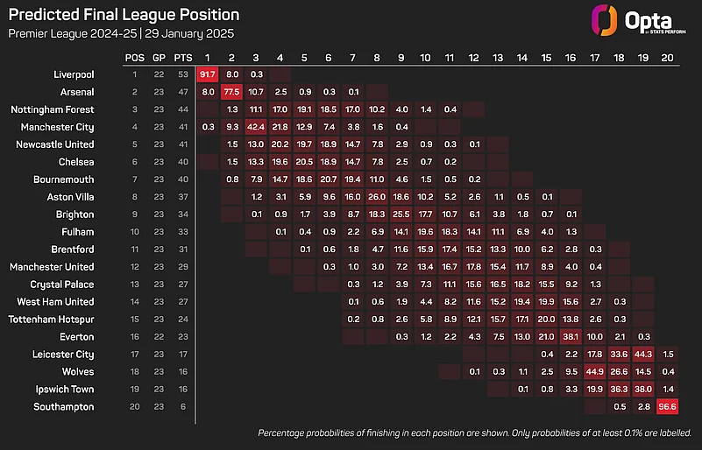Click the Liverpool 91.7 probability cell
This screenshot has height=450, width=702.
click(208, 74)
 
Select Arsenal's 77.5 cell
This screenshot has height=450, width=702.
click(232, 92)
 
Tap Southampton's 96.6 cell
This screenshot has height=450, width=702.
click(666, 407)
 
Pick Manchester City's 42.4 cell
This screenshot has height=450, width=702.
click(257, 127)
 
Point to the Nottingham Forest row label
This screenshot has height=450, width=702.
click(53, 109)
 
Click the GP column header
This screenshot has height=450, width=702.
click(160, 57)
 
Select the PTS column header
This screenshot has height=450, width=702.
click(183, 57)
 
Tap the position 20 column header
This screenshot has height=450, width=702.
click(666, 57)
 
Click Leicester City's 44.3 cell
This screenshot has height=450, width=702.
click(642, 355)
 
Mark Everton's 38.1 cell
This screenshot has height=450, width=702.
click(570, 337)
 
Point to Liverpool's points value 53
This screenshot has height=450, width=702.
click(183, 74)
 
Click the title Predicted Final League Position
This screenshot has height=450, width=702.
click(124, 16)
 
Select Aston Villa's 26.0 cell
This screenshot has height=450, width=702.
click(377, 197)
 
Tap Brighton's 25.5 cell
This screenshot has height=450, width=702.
click(401, 214)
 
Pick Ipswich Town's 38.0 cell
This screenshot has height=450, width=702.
click(642, 390)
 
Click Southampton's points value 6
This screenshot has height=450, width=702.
click(183, 407)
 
